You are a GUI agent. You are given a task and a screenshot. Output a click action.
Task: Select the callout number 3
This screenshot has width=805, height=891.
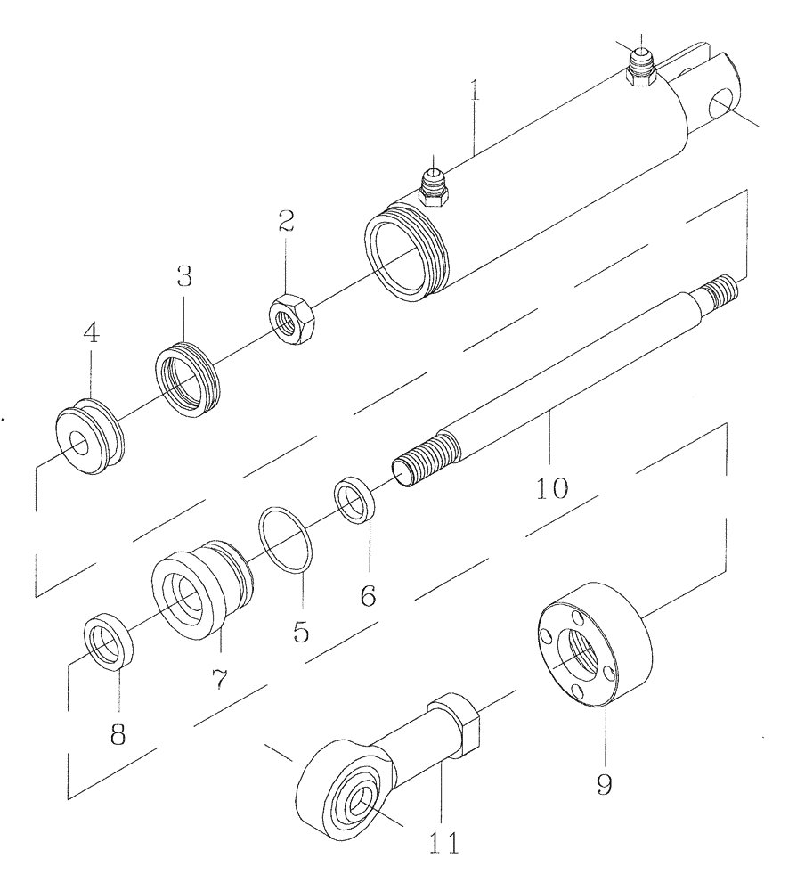click(183, 276)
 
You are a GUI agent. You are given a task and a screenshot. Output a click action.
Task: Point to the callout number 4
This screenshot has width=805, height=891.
click(91, 334)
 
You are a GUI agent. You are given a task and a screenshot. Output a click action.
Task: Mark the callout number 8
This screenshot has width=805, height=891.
click(118, 733)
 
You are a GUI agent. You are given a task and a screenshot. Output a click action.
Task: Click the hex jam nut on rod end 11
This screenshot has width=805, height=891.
click(455, 725)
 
